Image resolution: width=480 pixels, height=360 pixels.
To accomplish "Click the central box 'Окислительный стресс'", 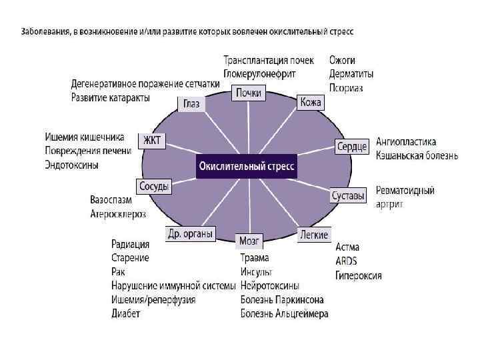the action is [x=246, y=166].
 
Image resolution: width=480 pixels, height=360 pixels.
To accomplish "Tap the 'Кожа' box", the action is [x=311, y=102].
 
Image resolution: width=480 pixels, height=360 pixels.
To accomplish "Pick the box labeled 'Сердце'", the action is [x=351, y=146].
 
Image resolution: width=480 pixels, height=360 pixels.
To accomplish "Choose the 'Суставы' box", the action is [x=348, y=196].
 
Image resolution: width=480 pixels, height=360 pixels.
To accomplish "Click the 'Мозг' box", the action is [x=250, y=240].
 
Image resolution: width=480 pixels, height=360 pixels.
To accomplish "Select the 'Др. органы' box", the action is [x=190, y=233].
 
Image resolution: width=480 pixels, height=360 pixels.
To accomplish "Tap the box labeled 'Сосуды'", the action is [x=153, y=187].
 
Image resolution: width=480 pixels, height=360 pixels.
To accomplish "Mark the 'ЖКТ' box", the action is [x=153, y=140].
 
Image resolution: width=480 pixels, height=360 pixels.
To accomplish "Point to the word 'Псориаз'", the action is [x=345, y=87].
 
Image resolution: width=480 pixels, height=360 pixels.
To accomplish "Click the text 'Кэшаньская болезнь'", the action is [x=417, y=155].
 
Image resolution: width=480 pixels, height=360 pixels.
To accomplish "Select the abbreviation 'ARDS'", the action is [x=347, y=261].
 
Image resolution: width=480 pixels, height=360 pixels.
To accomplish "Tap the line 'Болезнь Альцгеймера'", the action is [x=284, y=313].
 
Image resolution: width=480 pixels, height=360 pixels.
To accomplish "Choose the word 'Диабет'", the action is [x=126, y=313].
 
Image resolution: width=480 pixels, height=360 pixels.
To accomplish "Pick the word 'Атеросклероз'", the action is [x=118, y=213].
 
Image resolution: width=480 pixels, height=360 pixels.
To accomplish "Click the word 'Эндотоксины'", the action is [x=72, y=164].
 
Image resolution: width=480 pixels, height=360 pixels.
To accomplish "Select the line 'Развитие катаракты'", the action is [x=111, y=98].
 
